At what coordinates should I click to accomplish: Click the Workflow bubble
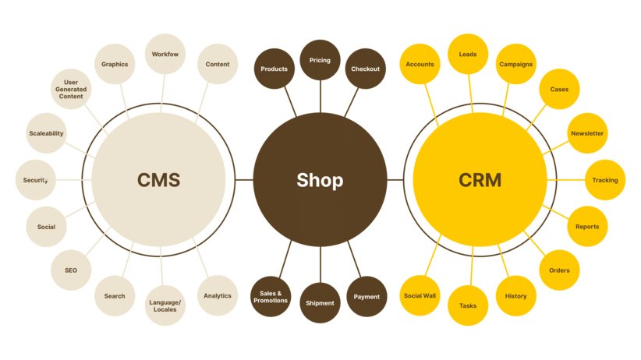pyautogui.click(x=165, y=54)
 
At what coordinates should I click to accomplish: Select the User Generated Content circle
pyautogui.click(x=71, y=89)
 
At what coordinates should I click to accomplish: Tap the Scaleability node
pyautogui.click(x=46, y=133)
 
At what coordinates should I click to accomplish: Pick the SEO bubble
pyautogui.click(x=71, y=270)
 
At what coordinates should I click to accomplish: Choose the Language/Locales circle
pyautogui.click(x=165, y=305)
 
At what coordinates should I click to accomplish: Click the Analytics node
pyautogui.click(x=218, y=295)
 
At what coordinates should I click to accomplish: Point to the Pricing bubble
pyautogui.click(x=320, y=60)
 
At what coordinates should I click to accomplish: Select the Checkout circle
pyautogui.click(x=366, y=69)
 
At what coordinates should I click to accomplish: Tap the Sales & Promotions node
pyautogui.click(x=271, y=297)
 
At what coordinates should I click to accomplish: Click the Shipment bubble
pyautogui.click(x=320, y=303)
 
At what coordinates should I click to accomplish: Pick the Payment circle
pyautogui.click(x=367, y=297)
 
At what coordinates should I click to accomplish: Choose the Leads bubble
pyautogui.click(x=468, y=54)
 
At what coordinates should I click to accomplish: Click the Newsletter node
pyautogui.click(x=587, y=133)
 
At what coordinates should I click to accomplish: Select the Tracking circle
pyautogui.click(x=605, y=180)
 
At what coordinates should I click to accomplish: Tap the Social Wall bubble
pyautogui.click(x=420, y=295)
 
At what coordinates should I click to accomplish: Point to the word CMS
pyautogui.click(x=158, y=180)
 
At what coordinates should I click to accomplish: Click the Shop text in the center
pyautogui.click(x=320, y=180)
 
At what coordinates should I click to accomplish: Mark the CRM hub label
pyautogui.click(x=480, y=180)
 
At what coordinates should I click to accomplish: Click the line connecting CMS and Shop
pyautogui.click(x=244, y=180)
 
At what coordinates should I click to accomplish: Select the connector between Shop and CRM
pyautogui.click(x=395, y=180)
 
